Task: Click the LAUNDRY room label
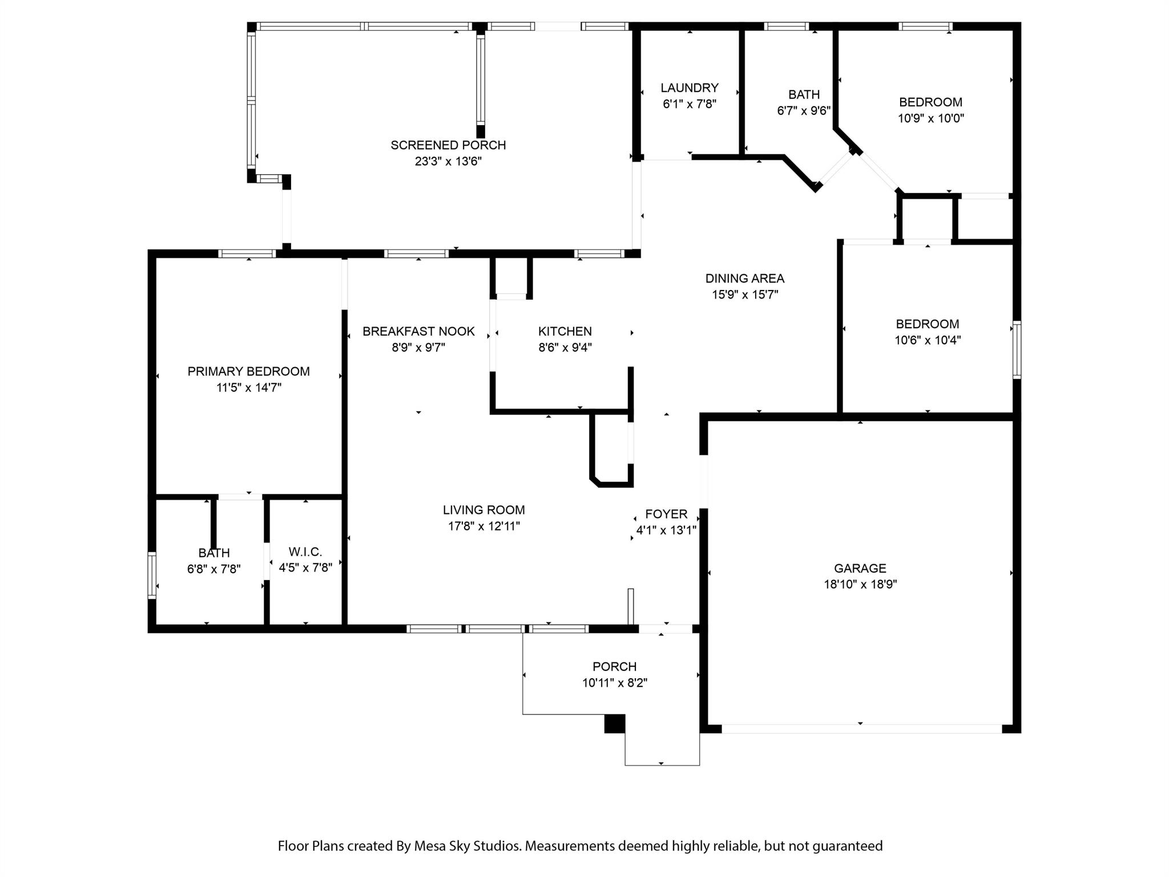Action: click(690, 88)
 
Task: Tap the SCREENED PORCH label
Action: click(448, 146)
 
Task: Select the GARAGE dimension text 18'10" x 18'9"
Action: click(860, 584)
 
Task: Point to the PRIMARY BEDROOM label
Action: click(249, 372)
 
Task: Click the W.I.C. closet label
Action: click(305, 552)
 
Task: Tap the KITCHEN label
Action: click(565, 332)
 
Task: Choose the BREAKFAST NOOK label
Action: click(418, 332)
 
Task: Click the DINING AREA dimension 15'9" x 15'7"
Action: click(745, 295)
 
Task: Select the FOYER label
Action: click(666, 514)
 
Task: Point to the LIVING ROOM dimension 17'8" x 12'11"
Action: click(484, 526)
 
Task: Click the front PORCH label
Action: click(615, 666)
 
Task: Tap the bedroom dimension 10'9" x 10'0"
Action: click(931, 118)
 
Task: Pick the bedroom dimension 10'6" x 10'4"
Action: click(928, 340)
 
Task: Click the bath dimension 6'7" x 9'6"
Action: click(804, 111)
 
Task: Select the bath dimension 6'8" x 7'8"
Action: click(214, 569)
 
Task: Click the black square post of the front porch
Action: click(615, 723)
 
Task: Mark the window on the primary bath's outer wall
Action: click(152, 575)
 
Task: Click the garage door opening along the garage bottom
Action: click(861, 729)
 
